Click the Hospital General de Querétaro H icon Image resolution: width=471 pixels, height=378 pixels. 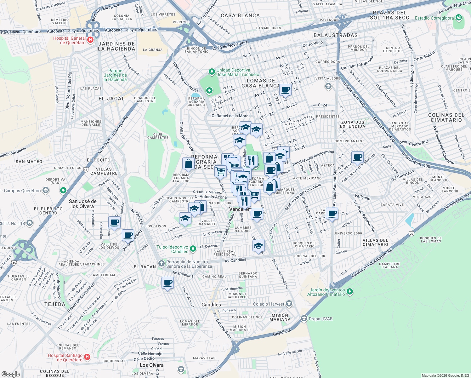click(90, 40)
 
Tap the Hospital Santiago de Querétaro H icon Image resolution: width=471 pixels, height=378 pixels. click(87, 357)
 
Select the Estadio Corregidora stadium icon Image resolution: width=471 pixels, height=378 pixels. click(459, 18)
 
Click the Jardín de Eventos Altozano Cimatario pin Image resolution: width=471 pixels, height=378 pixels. click(349, 292)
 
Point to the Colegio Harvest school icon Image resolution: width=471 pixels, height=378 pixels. click(289, 304)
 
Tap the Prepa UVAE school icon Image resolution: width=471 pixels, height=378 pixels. click(304, 318)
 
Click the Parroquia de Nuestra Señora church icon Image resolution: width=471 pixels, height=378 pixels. click(162, 263)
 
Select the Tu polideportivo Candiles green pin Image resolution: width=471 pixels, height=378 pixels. click(193, 249)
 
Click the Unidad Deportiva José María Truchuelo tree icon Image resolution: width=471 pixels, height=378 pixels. click(212, 72)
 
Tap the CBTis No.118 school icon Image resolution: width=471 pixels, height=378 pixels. click(29, 223)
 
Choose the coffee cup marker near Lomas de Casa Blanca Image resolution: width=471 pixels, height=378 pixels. click(285, 90)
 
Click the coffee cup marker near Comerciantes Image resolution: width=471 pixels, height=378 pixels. click(357, 157)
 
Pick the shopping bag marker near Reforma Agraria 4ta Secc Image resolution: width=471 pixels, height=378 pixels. click(188, 163)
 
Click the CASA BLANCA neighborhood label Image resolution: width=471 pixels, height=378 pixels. click(240, 15)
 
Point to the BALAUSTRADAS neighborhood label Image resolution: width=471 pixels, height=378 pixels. click(336, 35)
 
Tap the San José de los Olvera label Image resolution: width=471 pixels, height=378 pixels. click(82, 204)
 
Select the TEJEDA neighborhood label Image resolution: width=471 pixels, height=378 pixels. click(55, 304)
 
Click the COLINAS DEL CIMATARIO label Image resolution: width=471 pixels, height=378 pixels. click(446, 117)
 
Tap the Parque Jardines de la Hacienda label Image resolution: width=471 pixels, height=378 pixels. click(115, 75)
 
